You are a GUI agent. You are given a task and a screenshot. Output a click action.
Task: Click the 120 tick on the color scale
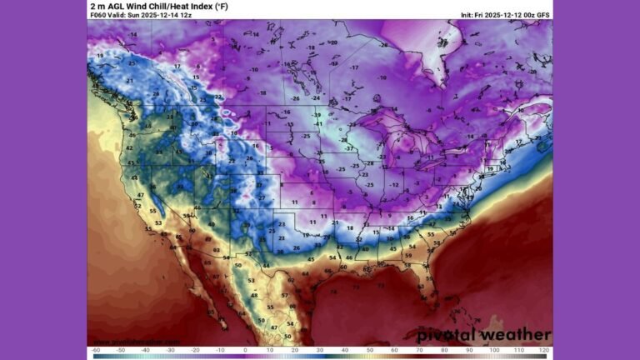[543, 351]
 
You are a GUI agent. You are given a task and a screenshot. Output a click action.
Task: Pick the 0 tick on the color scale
[245, 351]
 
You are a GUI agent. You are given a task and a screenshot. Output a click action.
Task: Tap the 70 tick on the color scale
[419, 351]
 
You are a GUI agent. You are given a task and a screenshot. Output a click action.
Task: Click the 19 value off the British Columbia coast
[100, 55]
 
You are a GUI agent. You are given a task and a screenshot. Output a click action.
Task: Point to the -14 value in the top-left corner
[133, 34]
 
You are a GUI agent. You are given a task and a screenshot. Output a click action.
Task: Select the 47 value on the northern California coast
[141, 194]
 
